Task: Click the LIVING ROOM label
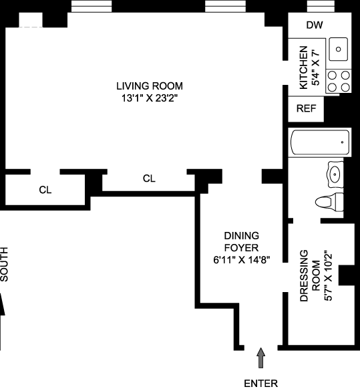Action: click(x=150, y=86)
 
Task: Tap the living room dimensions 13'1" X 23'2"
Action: click(x=150, y=98)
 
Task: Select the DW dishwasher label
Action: click(x=315, y=25)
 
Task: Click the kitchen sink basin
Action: click(x=338, y=49)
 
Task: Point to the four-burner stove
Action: click(x=339, y=81)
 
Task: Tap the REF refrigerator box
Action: click(x=306, y=109)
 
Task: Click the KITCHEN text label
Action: click(x=304, y=68)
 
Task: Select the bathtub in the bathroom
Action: click(x=320, y=142)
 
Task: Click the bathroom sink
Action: click(x=335, y=174)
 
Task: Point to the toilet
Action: click(x=329, y=202)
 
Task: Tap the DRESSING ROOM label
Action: click(x=310, y=275)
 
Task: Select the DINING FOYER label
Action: click(x=242, y=242)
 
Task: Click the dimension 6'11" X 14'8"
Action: click(x=242, y=260)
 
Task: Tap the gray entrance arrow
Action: click(x=260, y=358)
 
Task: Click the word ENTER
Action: click(x=261, y=383)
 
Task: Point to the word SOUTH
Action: click(x=4, y=264)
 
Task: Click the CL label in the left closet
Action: click(x=45, y=190)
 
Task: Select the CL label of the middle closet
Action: click(x=149, y=178)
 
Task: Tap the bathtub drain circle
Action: click(x=342, y=142)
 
